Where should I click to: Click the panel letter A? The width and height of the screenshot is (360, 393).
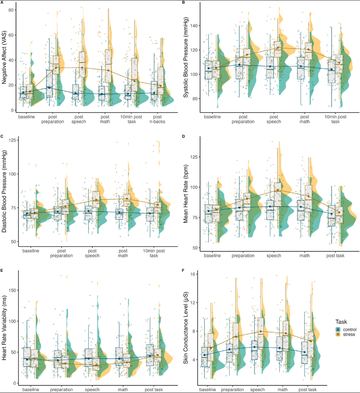[2, 2]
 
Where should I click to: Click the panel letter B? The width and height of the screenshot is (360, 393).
[183, 2]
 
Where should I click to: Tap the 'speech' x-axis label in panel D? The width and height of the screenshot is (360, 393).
[274, 256]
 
